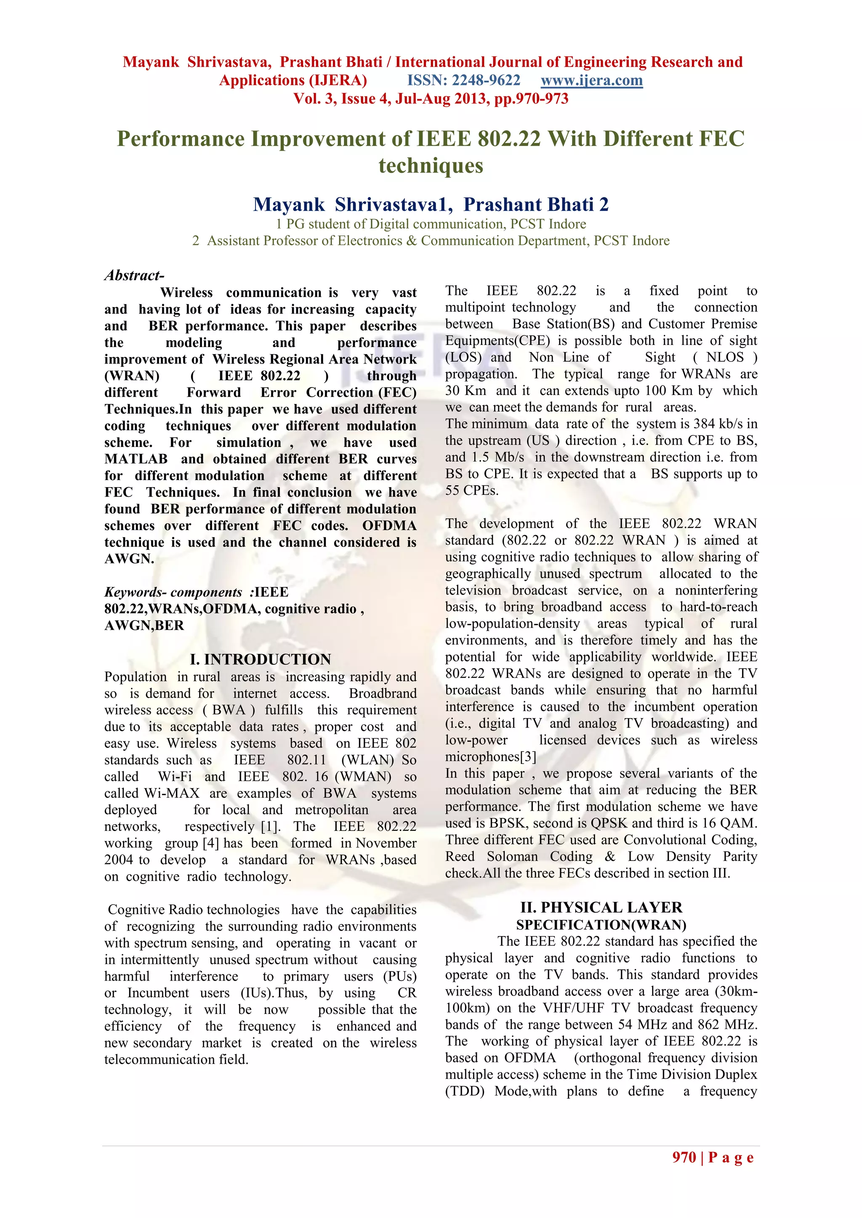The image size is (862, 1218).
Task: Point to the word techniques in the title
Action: [x=431, y=165]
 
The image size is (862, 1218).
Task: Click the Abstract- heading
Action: [x=134, y=275]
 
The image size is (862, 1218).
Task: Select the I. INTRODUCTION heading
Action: [x=260, y=659]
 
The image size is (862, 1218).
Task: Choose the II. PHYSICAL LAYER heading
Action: [x=601, y=907]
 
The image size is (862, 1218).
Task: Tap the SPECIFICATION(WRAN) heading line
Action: [x=601, y=925]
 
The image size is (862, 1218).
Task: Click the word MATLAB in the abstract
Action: [x=136, y=459]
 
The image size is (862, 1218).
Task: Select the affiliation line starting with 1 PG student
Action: [x=431, y=224]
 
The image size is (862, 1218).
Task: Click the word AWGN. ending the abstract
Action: [x=129, y=559]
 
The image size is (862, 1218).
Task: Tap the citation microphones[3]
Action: [x=490, y=756]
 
